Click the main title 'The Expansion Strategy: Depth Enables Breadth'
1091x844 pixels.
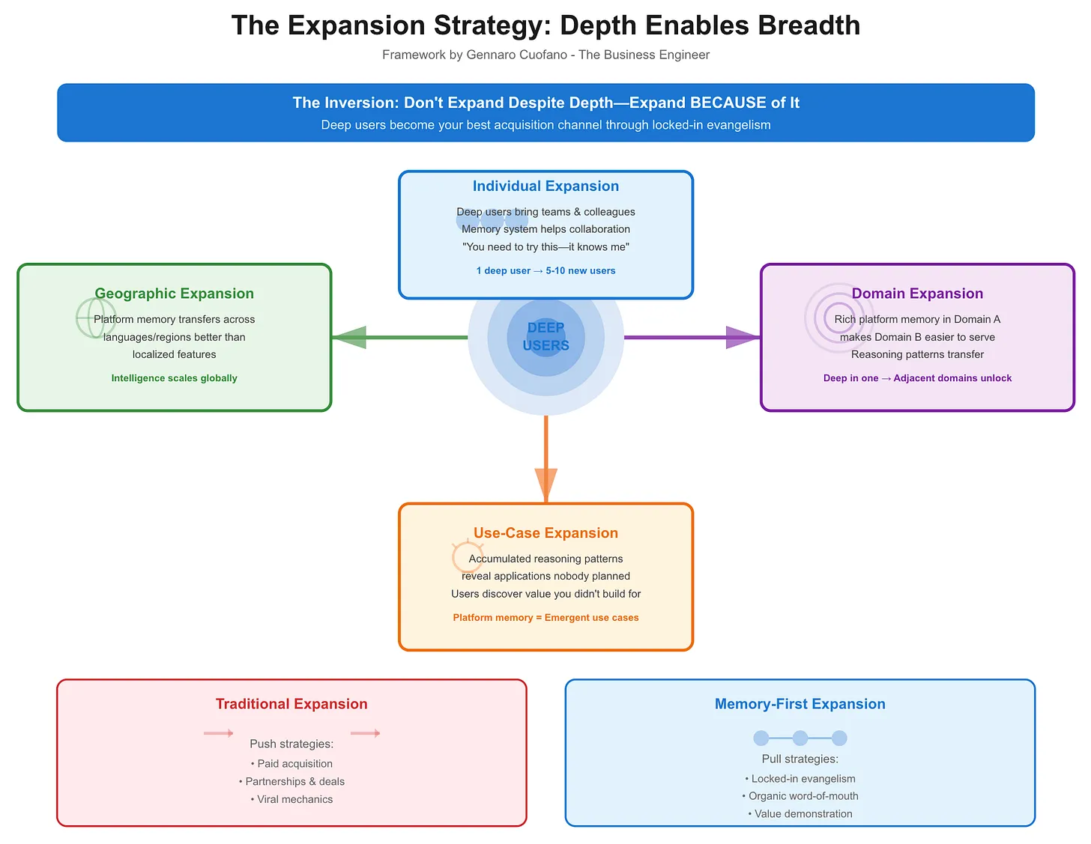(545, 25)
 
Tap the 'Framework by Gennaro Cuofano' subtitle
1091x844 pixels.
(545, 55)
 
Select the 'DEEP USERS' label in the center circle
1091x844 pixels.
(545, 337)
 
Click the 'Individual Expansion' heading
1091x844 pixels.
(545, 186)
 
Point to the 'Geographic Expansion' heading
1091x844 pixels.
(174, 294)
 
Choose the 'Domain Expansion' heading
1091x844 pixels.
(917, 294)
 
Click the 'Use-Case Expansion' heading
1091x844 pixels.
(545, 533)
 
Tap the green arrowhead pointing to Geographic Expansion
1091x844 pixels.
(351, 338)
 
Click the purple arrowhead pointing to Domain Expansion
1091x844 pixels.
(742, 338)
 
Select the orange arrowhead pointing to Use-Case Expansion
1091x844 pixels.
(545, 482)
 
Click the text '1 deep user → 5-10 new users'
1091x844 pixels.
(545, 271)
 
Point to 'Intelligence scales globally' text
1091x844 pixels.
(174, 378)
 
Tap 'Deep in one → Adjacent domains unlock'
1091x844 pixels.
(917, 378)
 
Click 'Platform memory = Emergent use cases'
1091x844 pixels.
(545, 618)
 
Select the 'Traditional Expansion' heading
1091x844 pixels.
(291, 704)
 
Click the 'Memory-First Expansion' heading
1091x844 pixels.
(800, 704)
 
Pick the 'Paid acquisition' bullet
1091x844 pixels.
(291, 764)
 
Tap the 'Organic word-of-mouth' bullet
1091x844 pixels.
(800, 796)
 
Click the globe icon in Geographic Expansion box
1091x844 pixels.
(96, 318)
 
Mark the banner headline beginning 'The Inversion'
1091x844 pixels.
(545, 103)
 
